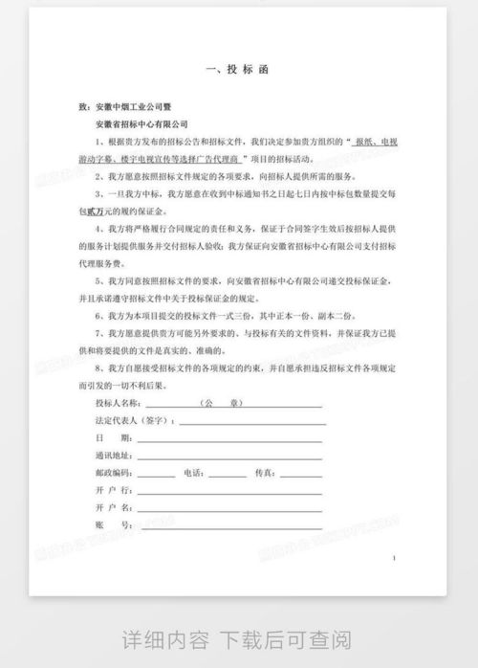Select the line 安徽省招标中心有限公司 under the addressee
(x=142, y=123)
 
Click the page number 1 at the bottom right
(x=394, y=557)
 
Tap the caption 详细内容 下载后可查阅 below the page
(x=238, y=639)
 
